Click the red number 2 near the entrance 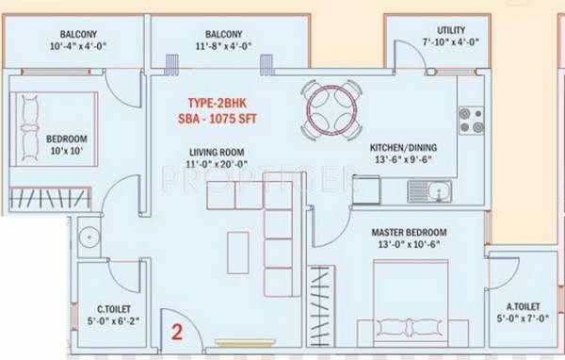point(176,331)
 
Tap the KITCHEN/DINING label point(403,148)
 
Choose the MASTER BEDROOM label point(409,232)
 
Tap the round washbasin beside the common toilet point(89,238)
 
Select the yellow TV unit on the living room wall point(235,341)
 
